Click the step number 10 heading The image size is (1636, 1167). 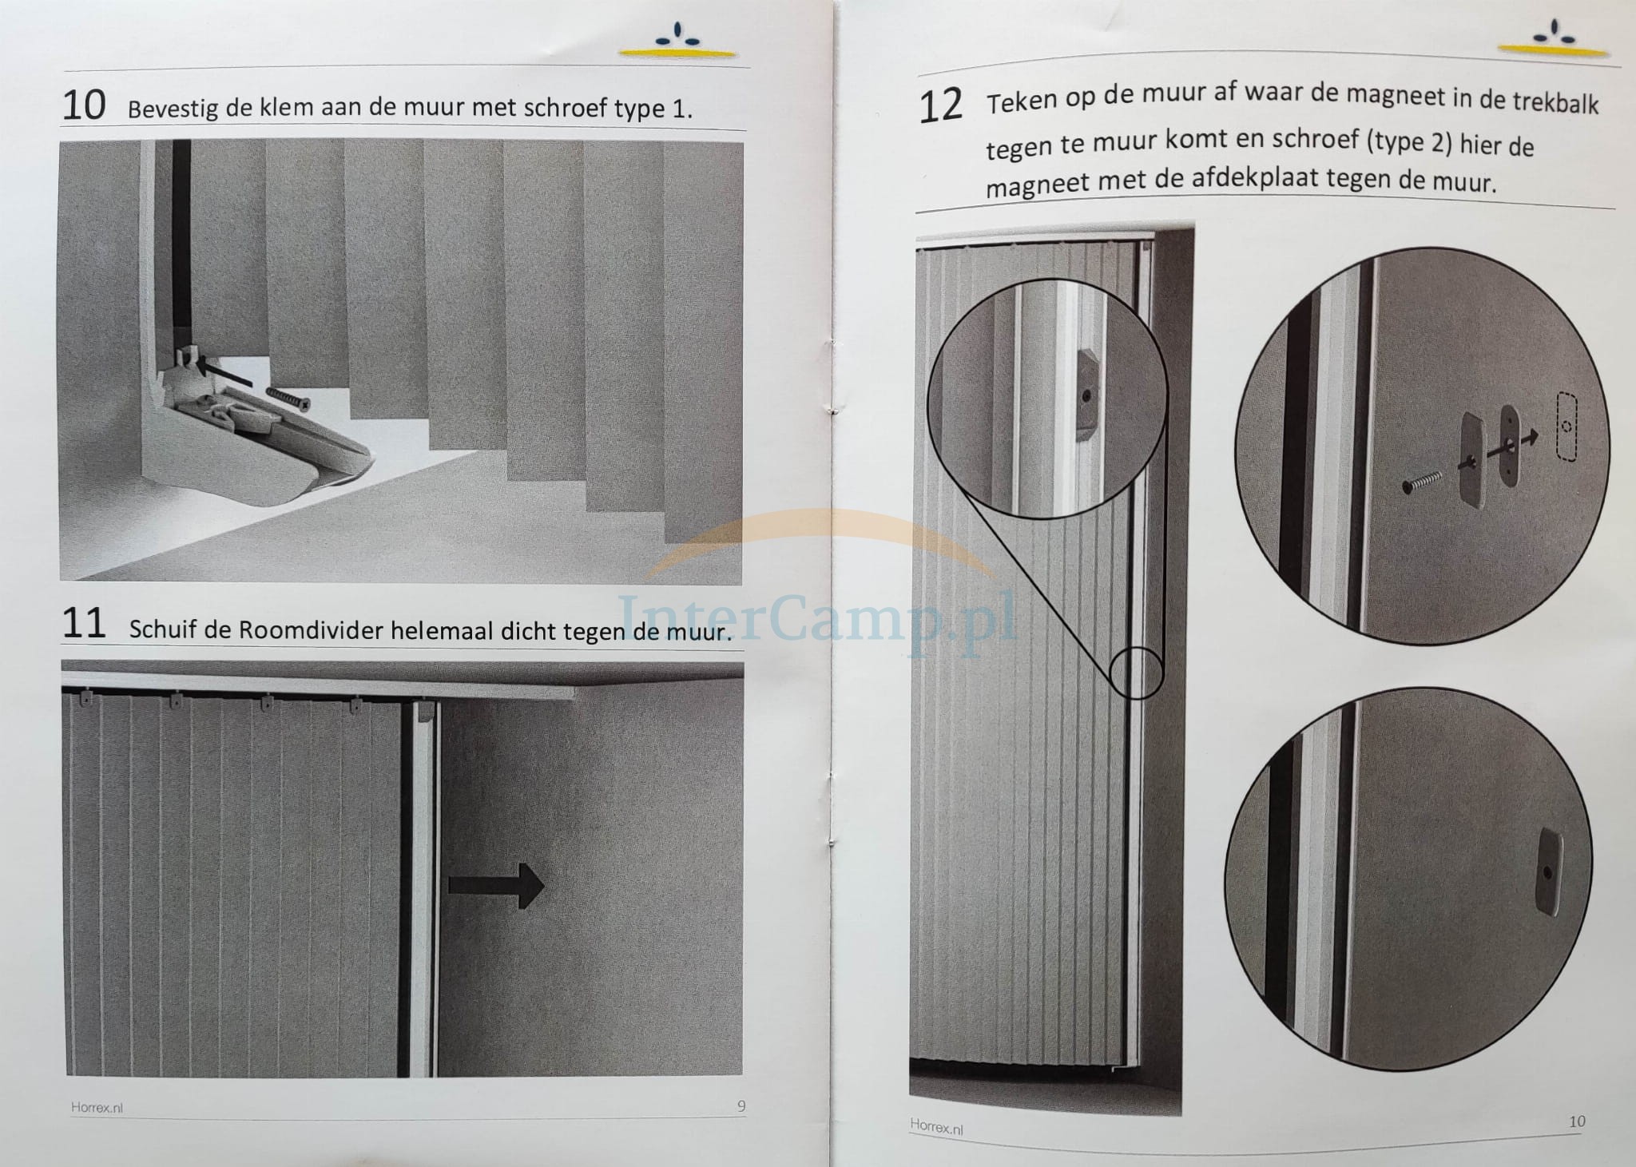pyautogui.click(x=84, y=105)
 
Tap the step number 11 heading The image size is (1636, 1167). pyautogui.click(x=84, y=623)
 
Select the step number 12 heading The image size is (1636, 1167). pyautogui.click(x=941, y=107)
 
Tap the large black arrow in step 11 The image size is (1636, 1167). pyautogui.click(x=496, y=885)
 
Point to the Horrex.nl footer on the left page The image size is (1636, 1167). pyautogui.click(x=96, y=1108)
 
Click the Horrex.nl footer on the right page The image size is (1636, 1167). pyautogui.click(x=936, y=1127)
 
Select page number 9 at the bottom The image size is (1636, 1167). pyautogui.click(x=741, y=1106)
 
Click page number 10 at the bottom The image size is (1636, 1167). pyautogui.click(x=1577, y=1121)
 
